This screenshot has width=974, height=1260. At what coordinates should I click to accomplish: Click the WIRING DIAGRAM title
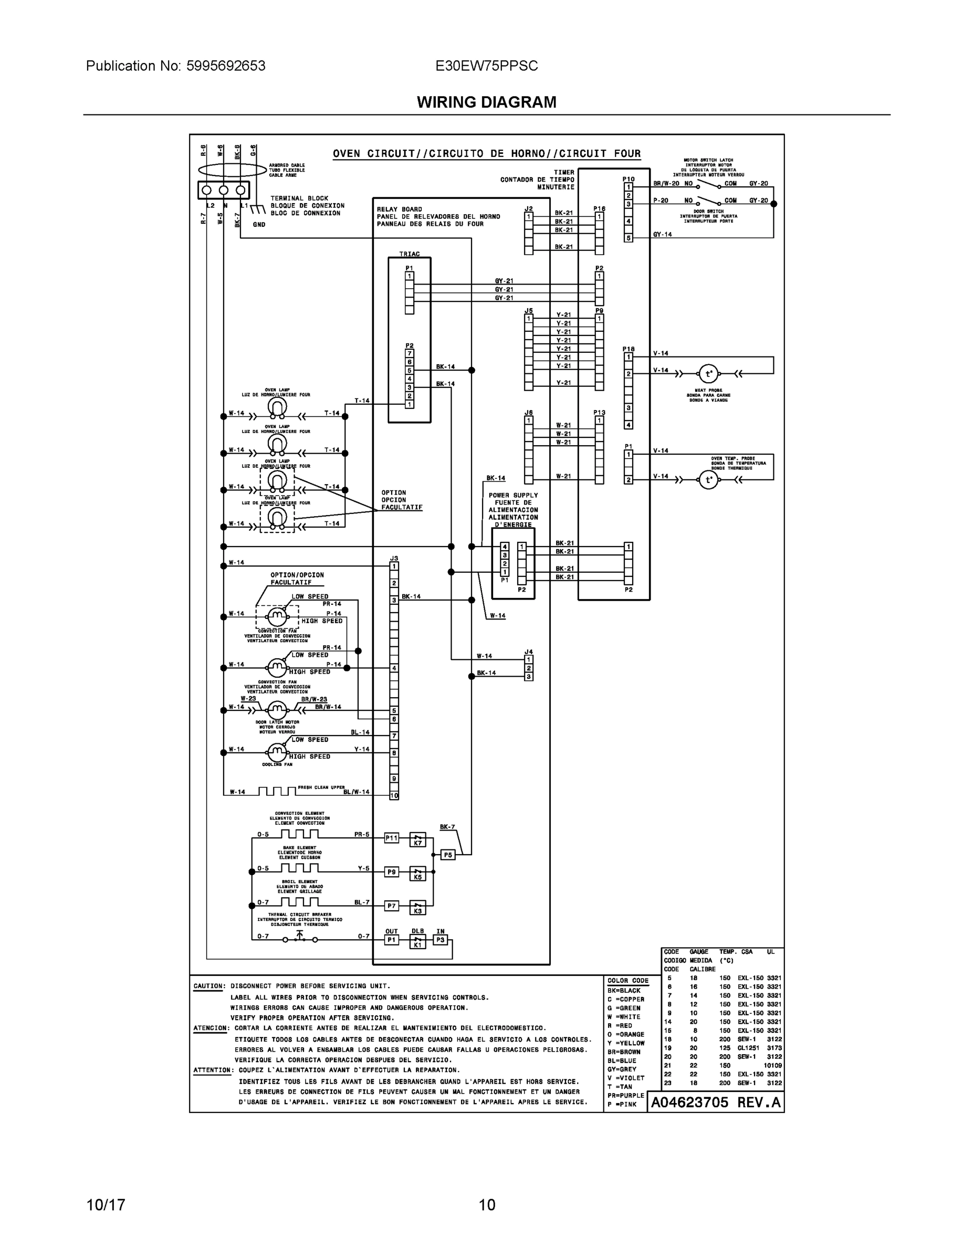coord(486,102)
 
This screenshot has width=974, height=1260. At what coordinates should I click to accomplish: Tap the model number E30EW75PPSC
coord(486,66)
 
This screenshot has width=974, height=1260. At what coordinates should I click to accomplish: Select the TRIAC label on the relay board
coord(409,254)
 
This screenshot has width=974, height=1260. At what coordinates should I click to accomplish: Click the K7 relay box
coord(418,842)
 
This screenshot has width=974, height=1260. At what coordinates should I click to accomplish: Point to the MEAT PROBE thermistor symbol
coord(708,374)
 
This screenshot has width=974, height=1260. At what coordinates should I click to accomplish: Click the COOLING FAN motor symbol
coord(277,752)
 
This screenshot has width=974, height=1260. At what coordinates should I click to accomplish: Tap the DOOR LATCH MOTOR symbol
coord(277,709)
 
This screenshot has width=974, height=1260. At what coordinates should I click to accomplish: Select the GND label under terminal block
coord(259,224)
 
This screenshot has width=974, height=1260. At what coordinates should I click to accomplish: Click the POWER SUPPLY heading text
coord(513,495)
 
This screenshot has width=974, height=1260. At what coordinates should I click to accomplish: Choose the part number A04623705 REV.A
coord(716,1102)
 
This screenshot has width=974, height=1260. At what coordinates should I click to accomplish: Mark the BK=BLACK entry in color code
coord(624,990)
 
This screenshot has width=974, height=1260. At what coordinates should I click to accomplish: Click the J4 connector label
coord(529,652)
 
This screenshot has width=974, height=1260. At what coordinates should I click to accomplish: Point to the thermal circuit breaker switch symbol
coord(299,939)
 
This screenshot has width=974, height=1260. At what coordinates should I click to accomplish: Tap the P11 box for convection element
coord(391,838)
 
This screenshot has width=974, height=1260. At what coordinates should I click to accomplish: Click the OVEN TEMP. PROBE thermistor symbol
coord(708,480)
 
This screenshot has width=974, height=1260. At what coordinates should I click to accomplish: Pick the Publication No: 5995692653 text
coord(175,66)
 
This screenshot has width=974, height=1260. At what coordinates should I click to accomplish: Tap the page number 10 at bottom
coord(486,1205)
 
